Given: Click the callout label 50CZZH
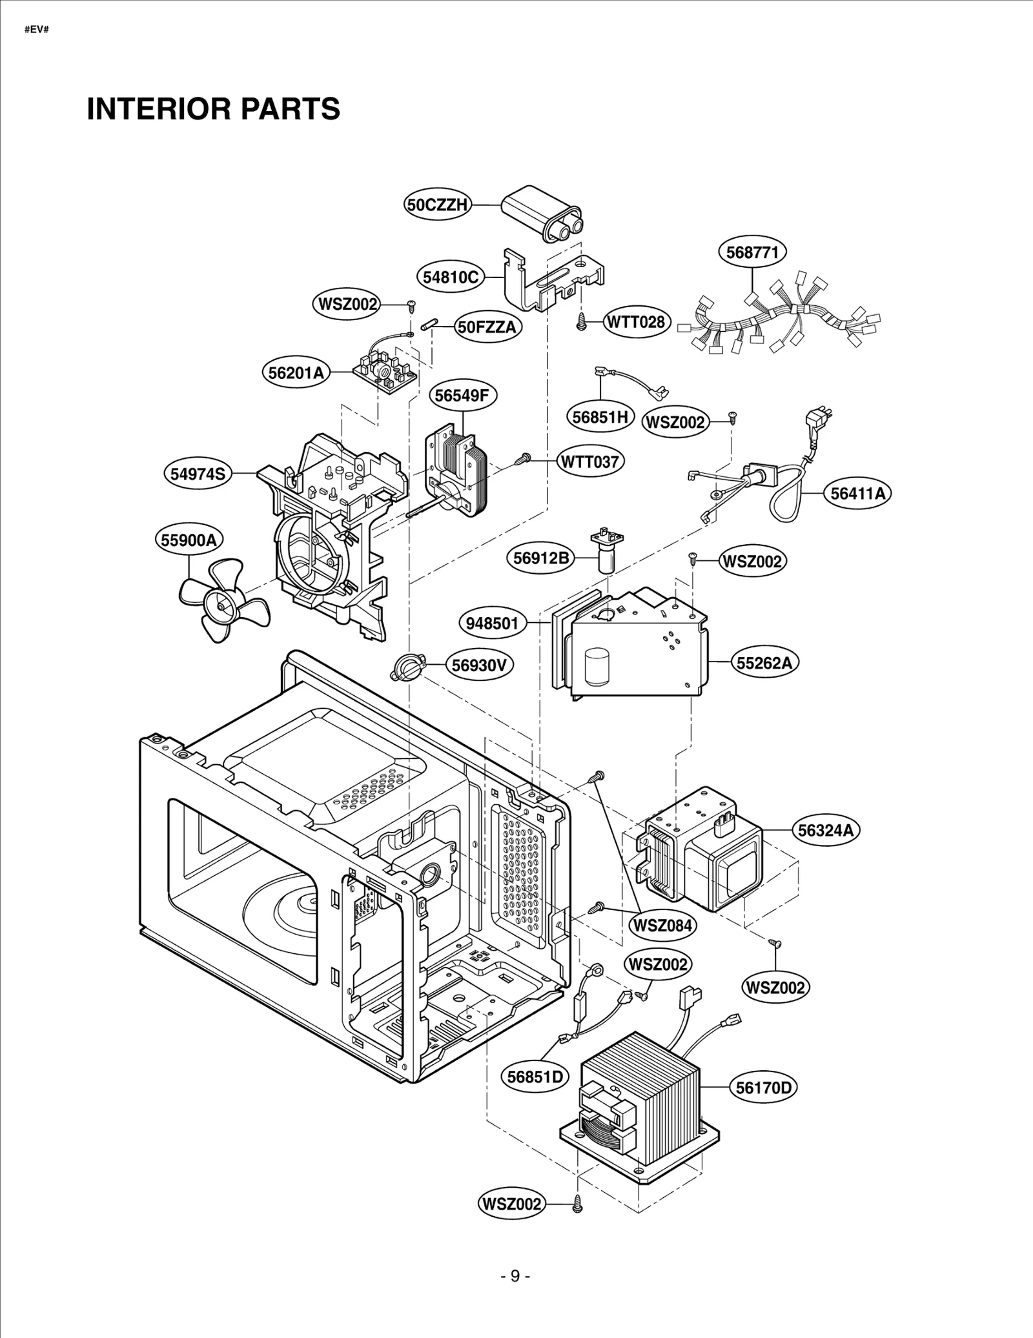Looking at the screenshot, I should tap(438, 205).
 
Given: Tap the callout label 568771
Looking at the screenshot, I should tap(752, 252).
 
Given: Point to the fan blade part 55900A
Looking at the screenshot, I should tap(220, 601).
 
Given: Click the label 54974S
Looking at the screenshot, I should tap(198, 474).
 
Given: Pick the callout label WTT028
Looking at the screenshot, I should tap(636, 321).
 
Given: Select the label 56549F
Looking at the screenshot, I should tap(462, 395).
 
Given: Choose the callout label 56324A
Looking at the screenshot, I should tap(825, 830).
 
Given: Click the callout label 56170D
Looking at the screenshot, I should tap(764, 1088).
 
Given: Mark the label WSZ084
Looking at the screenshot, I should tap(662, 925).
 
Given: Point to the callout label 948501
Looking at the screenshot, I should tap(493, 623).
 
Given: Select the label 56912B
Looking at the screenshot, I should tap(541, 558).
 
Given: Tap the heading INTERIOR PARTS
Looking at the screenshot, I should tap(213, 108).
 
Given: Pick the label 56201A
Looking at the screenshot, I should tap(296, 373).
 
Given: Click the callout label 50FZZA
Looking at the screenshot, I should tap(487, 327).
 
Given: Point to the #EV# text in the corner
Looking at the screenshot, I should tap(36, 30).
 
